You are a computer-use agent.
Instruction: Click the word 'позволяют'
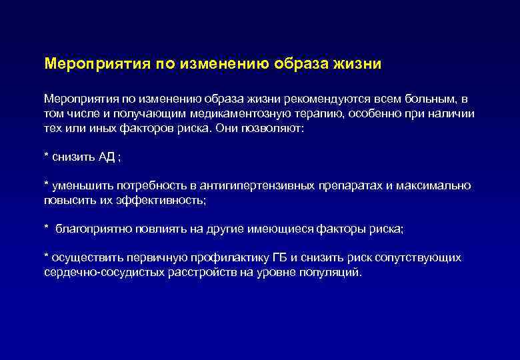coord(273,129)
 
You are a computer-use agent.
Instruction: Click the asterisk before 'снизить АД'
coord(46,155)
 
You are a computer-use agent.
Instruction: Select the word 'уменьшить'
coord(79,185)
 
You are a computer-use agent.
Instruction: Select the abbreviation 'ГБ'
coord(280,257)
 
